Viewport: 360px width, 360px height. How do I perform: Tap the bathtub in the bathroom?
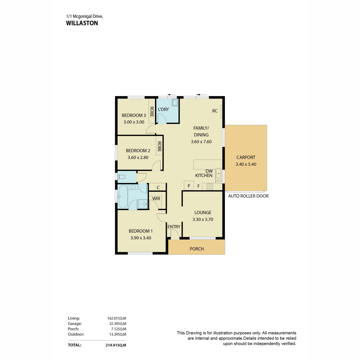coord(123,196)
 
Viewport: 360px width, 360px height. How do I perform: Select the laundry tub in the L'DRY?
coord(175,103)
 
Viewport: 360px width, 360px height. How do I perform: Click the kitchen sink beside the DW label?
coord(218,175)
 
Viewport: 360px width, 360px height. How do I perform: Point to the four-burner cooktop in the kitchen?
coord(210,186)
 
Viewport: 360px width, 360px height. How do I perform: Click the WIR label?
coord(156,199)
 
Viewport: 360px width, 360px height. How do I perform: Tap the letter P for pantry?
coord(189,186)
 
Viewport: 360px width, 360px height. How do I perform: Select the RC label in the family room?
coord(215,111)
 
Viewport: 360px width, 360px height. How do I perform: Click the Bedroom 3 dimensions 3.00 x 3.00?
coord(134,122)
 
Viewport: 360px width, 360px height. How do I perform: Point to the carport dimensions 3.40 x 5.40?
coord(246,164)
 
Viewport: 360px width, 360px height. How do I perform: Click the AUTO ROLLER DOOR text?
coord(248,196)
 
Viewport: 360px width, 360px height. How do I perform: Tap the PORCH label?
coord(197,249)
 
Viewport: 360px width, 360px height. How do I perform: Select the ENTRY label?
coord(174,226)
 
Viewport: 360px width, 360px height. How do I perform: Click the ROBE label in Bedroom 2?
coord(159,146)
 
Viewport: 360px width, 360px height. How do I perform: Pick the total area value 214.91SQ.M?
coord(116,345)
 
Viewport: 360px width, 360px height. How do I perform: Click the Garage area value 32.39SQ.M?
coord(118,324)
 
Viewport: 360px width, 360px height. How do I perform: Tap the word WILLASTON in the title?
coord(82,23)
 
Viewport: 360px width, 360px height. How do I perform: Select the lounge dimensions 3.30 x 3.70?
coord(203,219)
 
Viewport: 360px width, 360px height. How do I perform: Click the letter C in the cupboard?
coord(158,187)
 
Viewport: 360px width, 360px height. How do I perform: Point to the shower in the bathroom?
coord(142,204)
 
